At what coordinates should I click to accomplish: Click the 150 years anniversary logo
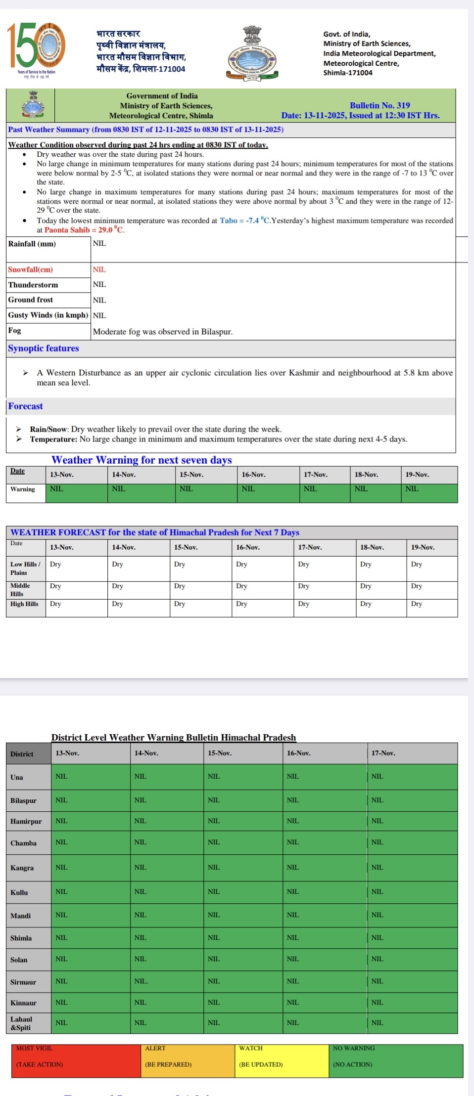[36, 47]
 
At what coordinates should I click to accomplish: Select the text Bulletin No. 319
[379, 105]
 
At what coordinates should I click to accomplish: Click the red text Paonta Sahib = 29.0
[84, 230]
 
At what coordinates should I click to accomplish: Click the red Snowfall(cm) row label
[30, 269]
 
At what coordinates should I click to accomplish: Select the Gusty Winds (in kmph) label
[48, 315]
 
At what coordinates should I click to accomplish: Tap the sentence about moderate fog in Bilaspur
[162, 332]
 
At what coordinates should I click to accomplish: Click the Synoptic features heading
[44, 348]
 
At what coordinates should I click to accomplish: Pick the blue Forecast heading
[25, 406]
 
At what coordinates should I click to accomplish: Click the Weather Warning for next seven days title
[142, 460]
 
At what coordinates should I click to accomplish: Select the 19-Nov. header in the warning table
[417, 475]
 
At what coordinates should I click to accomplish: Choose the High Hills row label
[24, 604]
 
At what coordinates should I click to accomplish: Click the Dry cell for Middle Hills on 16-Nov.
[241, 586]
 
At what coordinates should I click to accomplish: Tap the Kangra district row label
[22, 868]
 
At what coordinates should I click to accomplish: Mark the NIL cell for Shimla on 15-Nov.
[214, 937]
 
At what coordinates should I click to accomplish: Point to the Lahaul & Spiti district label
[21, 1023]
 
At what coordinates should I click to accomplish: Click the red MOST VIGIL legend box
[76, 1060]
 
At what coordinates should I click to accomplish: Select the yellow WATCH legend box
[282, 1060]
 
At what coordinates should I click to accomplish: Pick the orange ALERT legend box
[188, 1060]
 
